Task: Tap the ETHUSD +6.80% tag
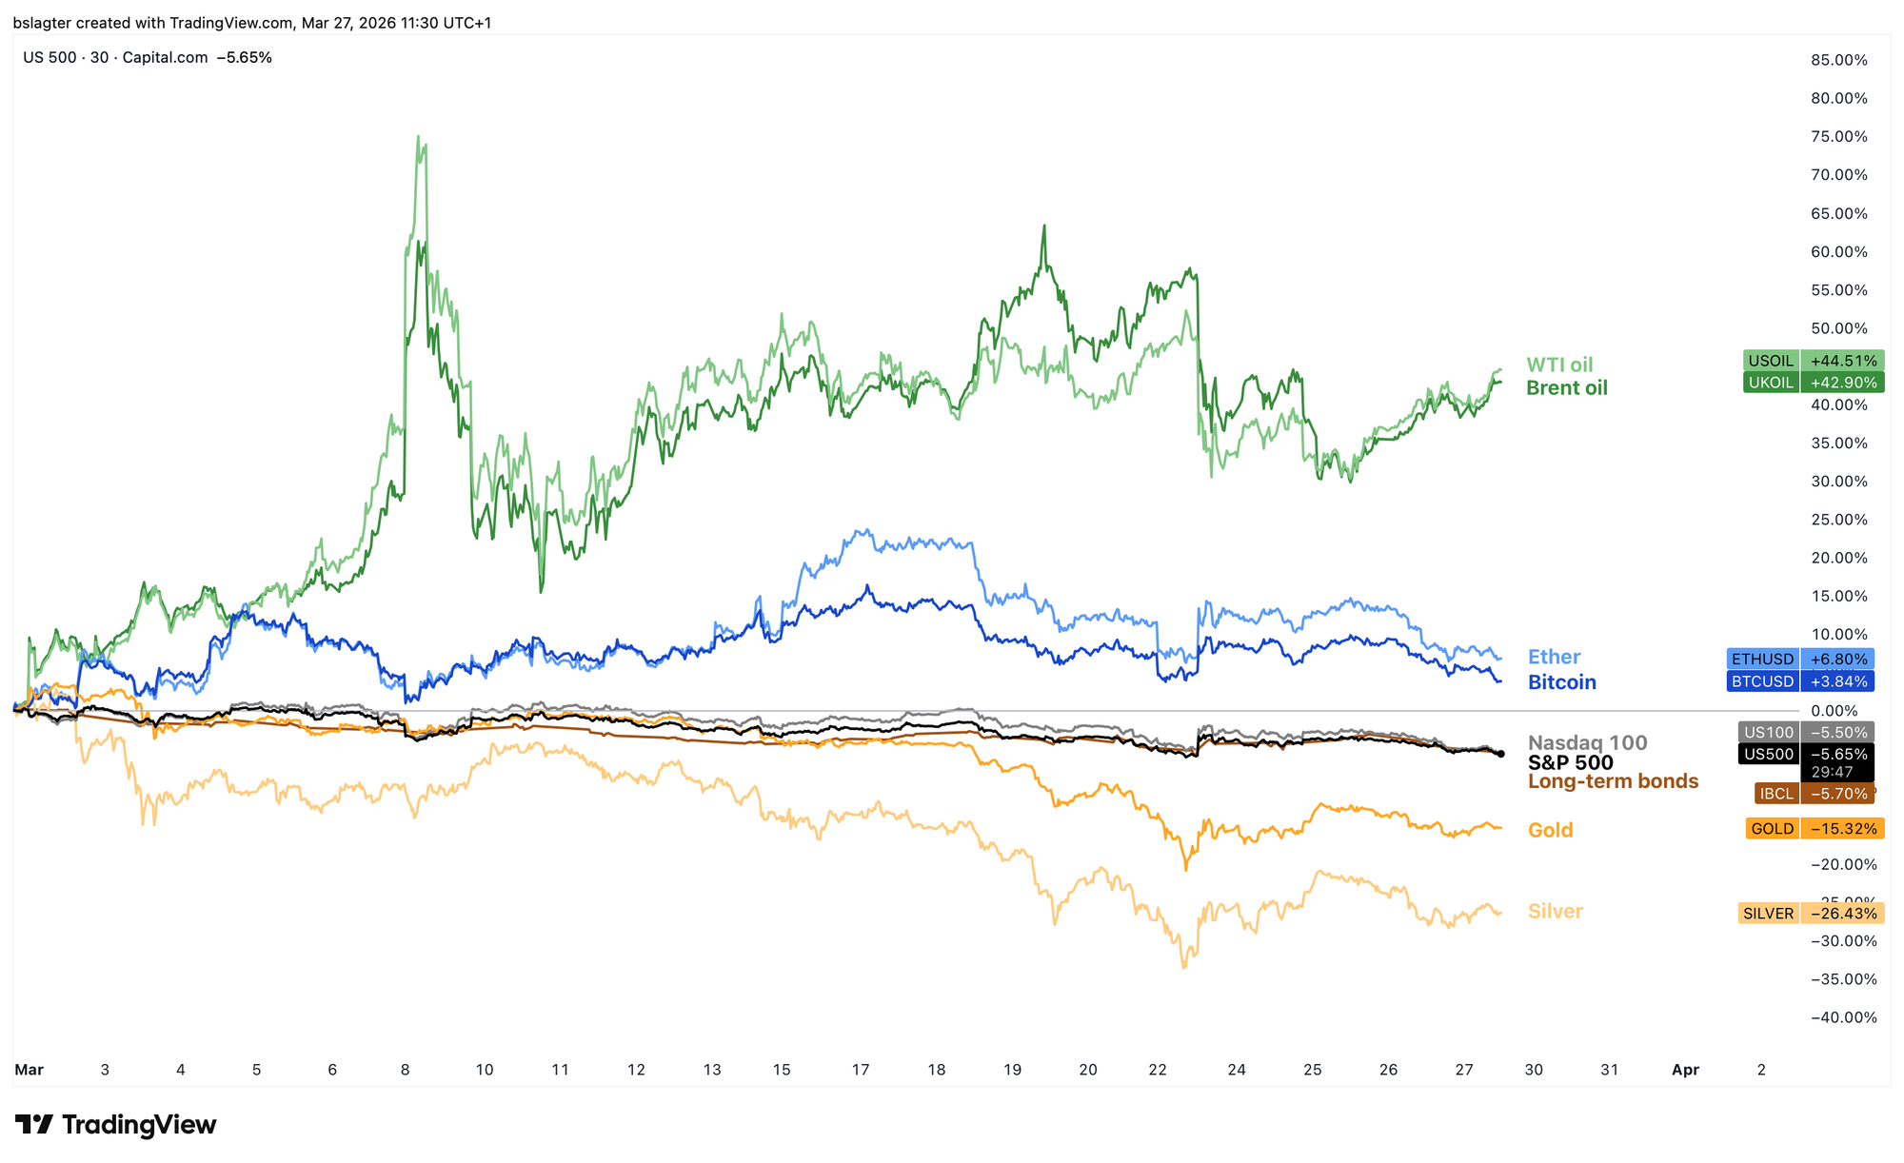[x=1799, y=659]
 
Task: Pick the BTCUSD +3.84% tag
[x=1799, y=681]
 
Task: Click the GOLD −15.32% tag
[x=1815, y=829]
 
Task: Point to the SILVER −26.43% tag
[x=1811, y=914]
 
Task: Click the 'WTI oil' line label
[x=1559, y=365]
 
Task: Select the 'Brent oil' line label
[x=1566, y=388]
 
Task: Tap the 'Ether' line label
[x=1554, y=657]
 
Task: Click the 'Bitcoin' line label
[x=1561, y=682]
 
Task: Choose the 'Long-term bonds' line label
[x=1613, y=781]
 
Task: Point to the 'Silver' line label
[x=1555, y=911]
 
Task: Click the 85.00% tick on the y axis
[x=1838, y=60]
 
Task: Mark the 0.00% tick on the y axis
[x=1834, y=711]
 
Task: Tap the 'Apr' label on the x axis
[x=1685, y=1070]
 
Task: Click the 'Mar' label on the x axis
[x=29, y=1070]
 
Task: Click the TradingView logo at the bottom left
[x=115, y=1125]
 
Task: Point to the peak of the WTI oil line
[x=419, y=137]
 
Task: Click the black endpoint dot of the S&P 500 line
[x=1501, y=754]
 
